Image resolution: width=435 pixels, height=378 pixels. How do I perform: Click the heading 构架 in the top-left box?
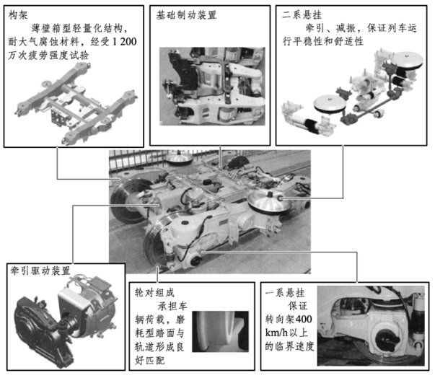18,14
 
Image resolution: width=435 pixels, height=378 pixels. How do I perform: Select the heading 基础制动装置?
186,14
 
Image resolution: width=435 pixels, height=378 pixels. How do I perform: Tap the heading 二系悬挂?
302,14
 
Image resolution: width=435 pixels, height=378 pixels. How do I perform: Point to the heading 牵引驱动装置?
40,271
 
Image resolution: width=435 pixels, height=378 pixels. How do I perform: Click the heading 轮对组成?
154,293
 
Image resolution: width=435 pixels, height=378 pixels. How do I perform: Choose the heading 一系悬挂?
285,293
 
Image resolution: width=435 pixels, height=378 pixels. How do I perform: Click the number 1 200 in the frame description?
125,42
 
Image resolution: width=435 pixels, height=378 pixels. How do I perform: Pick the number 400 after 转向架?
303,319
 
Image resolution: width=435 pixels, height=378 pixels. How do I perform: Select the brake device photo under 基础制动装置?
212,87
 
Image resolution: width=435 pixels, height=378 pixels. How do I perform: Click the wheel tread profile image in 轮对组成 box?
220,331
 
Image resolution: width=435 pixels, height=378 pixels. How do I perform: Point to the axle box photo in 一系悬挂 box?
371,325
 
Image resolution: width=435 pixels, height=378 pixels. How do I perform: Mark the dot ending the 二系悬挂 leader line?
280,198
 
